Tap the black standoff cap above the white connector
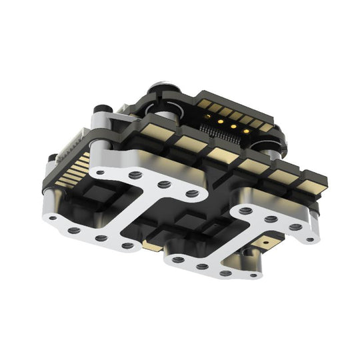[102, 108]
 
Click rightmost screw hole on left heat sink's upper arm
[192, 193]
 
